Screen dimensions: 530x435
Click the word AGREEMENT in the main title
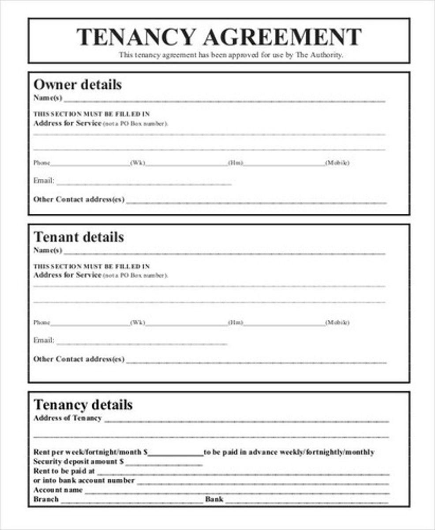click(282, 37)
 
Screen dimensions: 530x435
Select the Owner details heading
click(78, 84)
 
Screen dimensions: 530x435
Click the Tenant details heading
click(79, 237)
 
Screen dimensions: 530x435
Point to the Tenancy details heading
click(83, 405)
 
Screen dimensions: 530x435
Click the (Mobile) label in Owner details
click(337, 163)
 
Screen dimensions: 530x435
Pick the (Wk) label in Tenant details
click(137, 323)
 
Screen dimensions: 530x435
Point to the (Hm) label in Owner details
click(235, 163)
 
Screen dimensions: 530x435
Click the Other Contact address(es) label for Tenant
click(79, 359)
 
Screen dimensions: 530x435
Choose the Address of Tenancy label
click(67, 418)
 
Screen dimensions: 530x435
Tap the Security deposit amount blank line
click(164, 463)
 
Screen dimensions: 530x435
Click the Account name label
click(58, 490)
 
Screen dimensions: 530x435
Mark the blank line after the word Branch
click(131, 501)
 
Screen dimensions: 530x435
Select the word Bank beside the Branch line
click(214, 500)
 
